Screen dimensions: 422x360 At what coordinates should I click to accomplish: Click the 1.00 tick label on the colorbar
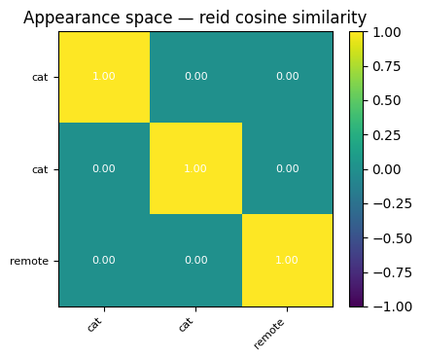[387, 32]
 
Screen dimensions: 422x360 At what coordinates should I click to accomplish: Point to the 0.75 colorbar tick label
[387, 66]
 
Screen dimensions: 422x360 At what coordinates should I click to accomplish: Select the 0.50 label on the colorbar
[387, 101]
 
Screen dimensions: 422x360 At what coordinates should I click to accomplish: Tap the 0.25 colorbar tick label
[387, 135]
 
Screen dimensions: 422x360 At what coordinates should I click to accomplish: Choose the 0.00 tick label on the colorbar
[387, 169]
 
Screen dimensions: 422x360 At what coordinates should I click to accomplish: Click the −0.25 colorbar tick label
[393, 203]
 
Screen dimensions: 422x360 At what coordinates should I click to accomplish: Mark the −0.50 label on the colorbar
[393, 238]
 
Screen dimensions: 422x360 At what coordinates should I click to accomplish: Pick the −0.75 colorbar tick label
[393, 272]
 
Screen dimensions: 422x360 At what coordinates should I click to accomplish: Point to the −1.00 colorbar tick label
[393, 306]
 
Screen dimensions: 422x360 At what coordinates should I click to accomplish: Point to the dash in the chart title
[186, 18]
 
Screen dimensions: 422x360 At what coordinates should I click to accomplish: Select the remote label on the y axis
[29, 261]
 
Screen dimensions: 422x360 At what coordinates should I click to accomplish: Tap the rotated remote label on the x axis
[269, 334]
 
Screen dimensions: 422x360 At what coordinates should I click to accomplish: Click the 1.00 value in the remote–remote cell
[287, 260]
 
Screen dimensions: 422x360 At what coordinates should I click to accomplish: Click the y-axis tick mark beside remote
[56, 261]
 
